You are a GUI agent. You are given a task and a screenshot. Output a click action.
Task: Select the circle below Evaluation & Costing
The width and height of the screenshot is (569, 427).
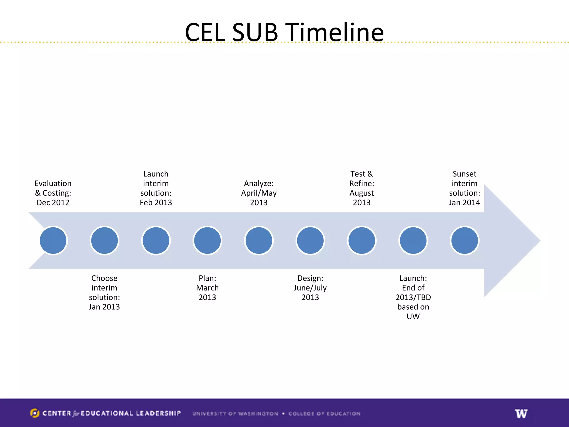tap(53, 240)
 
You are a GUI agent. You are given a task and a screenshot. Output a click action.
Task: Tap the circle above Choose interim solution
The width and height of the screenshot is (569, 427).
tap(104, 240)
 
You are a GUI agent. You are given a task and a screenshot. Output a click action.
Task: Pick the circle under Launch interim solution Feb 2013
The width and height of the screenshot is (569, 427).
tap(156, 240)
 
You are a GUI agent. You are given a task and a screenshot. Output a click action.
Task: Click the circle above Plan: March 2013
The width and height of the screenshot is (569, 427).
tap(207, 240)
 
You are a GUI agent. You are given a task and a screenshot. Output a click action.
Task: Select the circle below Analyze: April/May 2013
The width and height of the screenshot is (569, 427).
tap(259, 240)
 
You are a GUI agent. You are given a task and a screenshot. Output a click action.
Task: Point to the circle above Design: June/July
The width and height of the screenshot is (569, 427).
tap(310, 240)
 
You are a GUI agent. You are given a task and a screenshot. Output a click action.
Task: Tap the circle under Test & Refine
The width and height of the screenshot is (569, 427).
tap(362, 240)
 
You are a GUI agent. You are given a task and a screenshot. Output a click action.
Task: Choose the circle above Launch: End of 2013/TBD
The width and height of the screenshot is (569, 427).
tap(413, 240)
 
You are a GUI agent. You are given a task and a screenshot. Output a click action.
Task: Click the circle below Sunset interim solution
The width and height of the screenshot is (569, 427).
tap(465, 240)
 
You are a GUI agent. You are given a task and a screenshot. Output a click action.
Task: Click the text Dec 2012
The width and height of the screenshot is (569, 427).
tap(53, 203)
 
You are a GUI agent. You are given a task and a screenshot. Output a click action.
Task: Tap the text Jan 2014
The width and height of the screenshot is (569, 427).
tap(464, 203)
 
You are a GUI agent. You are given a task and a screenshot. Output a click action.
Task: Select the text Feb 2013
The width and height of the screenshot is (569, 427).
tap(156, 203)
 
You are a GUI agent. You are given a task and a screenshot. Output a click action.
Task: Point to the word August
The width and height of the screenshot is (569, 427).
tap(361, 193)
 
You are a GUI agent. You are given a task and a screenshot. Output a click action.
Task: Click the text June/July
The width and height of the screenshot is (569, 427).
tap(310, 288)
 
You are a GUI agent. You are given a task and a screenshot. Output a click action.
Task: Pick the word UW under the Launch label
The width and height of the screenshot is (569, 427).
tap(413, 316)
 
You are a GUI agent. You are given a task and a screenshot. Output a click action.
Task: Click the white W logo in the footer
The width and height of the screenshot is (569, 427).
tap(521, 413)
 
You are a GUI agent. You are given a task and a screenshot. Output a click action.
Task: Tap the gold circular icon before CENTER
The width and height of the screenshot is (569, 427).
tap(35, 413)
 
